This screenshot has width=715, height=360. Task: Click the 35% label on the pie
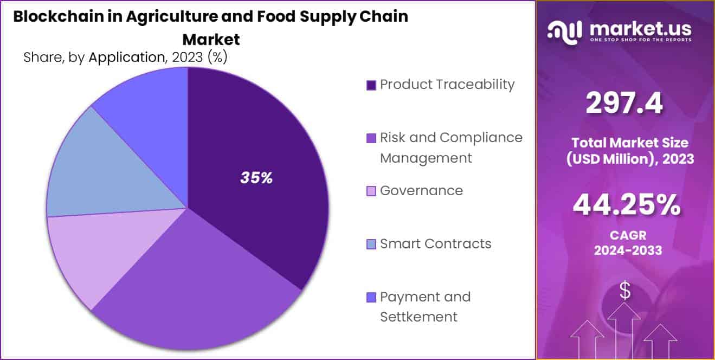click(x=256, y=178)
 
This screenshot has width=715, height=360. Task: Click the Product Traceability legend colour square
click(x=371, y=85)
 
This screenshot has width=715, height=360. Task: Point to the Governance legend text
click(x=421, y=191)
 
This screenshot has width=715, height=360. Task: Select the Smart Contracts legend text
click(x=435, y=244)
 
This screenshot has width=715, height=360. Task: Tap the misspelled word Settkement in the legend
click(x=418, y=317)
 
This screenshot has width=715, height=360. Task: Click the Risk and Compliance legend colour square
click(x=371, y=138)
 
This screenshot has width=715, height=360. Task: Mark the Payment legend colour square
click(x=371, y=298)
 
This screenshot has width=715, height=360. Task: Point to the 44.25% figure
click(x=627, y=204)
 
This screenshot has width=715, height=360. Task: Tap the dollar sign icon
click(x=625, y=292)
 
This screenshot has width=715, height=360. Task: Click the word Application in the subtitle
click(x=126, y=58)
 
